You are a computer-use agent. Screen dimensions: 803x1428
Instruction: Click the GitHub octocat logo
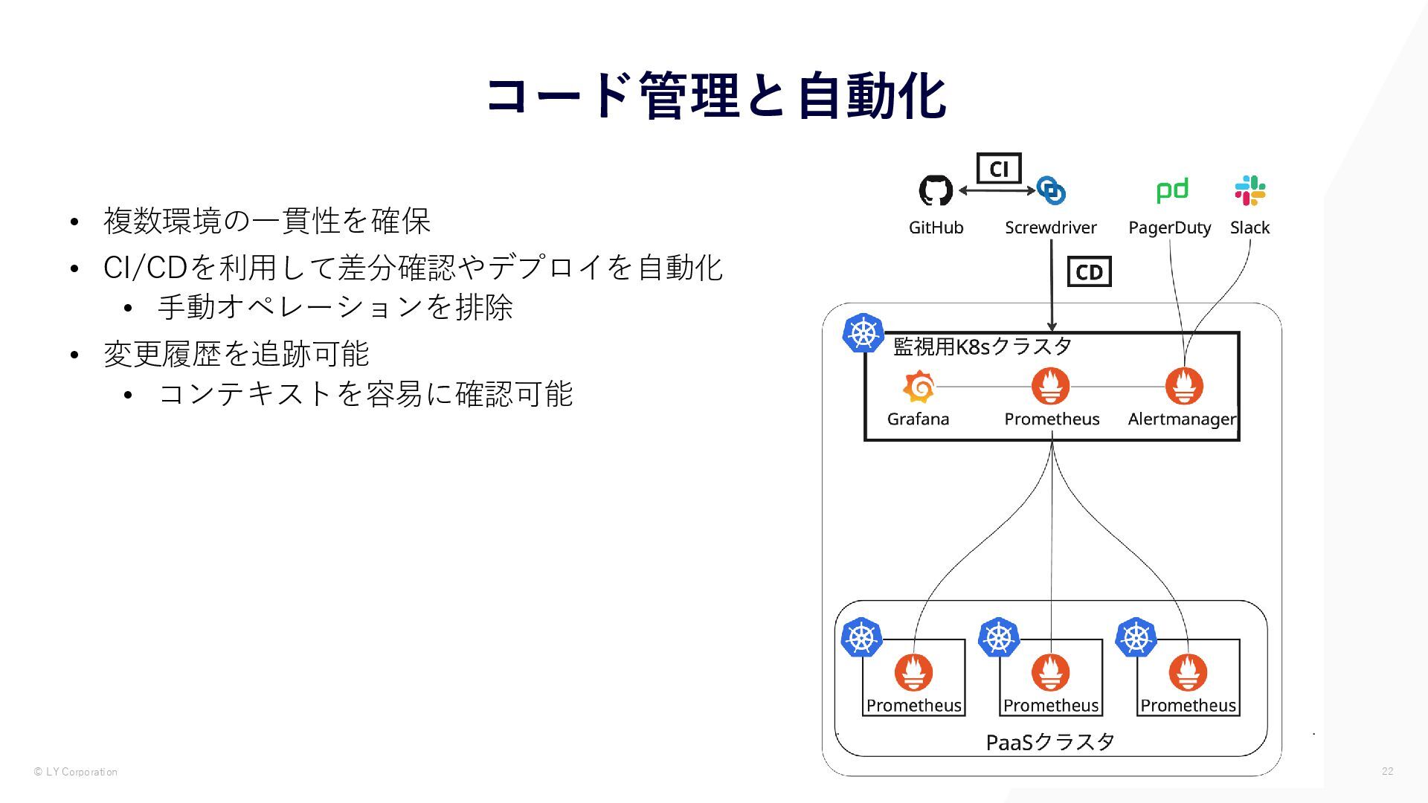coord(936,190)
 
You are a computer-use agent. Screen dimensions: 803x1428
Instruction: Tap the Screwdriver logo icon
coord(1051,190)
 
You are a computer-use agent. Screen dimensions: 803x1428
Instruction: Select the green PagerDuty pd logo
coord(1172,190)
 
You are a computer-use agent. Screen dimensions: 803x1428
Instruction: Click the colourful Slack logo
coord(1250,190)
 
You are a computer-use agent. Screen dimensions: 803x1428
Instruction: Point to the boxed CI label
coord(999,169)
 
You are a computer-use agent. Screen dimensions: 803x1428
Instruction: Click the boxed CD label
coord(1089,272)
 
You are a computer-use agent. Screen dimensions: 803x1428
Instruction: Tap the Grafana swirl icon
coord(919,387)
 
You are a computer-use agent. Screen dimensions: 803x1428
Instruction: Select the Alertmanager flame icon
coord(1184,387)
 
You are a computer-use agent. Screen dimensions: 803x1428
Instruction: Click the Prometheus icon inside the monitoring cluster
coord(1051,387)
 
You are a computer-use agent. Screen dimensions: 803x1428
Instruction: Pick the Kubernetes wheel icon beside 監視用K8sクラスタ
coord(863,332)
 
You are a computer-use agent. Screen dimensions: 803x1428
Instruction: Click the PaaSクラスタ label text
coord(1050,741)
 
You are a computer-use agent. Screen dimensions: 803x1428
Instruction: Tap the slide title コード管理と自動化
coord(715,97)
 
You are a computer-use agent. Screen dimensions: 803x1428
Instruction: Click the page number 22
coord(1387,771)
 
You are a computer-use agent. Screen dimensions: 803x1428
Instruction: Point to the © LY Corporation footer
coord(75,772)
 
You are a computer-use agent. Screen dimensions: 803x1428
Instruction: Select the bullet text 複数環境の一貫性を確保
coord(267,221)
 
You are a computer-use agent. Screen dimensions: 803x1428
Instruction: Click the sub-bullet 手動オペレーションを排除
coord(335,307)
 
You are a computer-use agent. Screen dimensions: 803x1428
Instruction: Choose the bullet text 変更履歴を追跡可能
coord(236,354)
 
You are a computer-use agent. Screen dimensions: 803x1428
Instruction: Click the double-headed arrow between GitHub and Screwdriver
coord(997,190)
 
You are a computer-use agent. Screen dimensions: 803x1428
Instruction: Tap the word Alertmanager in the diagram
coord(1182,419)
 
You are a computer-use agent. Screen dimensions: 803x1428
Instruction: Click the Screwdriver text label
coord(1050,228)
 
